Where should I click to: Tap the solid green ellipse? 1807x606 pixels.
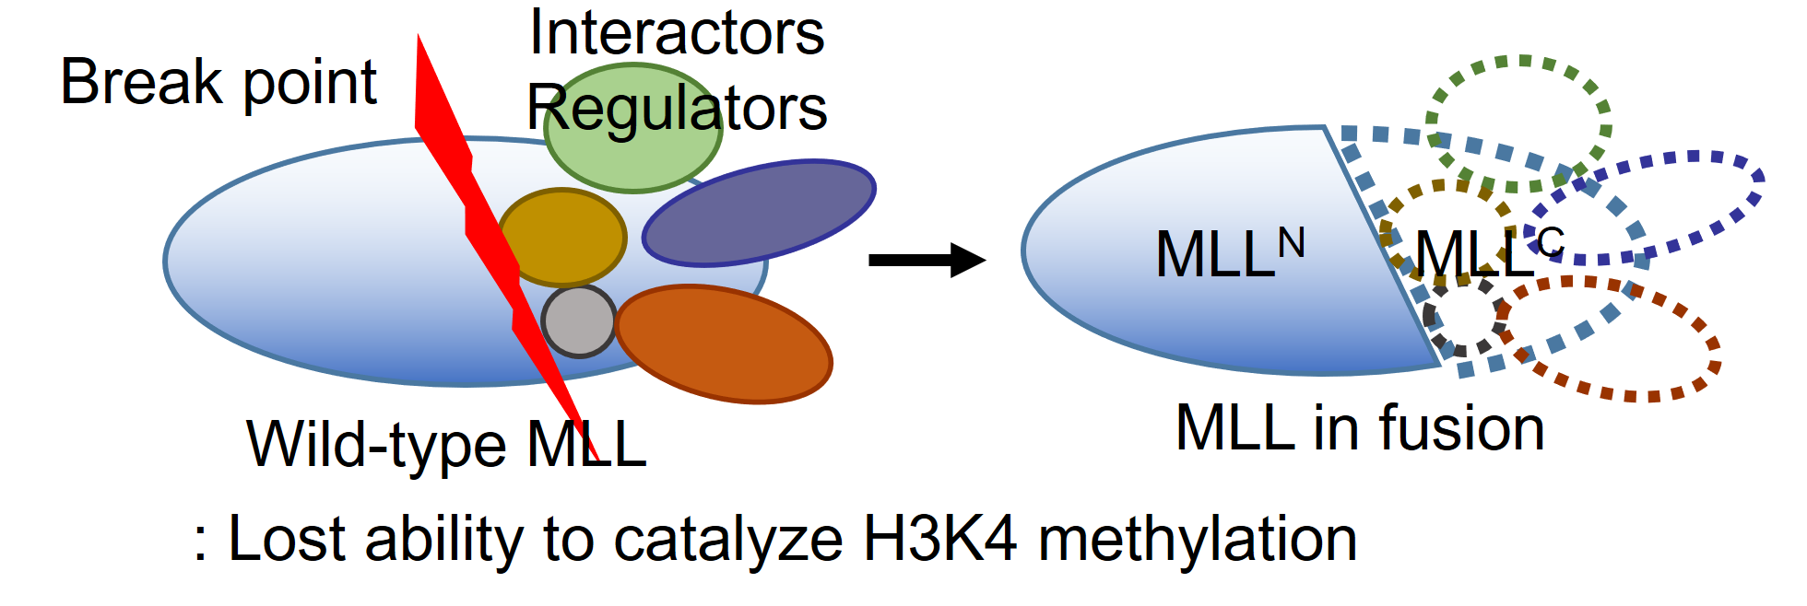[632, 157]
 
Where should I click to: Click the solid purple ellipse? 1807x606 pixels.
[758, 213]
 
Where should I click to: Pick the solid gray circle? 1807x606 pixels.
[578, 321]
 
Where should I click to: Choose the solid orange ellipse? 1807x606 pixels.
[724, 344]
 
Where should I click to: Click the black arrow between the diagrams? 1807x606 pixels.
[926, 260]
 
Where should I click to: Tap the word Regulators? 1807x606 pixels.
[677, 108]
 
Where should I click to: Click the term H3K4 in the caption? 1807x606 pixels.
[939, 539]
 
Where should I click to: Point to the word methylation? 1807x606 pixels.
[1198, 539]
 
